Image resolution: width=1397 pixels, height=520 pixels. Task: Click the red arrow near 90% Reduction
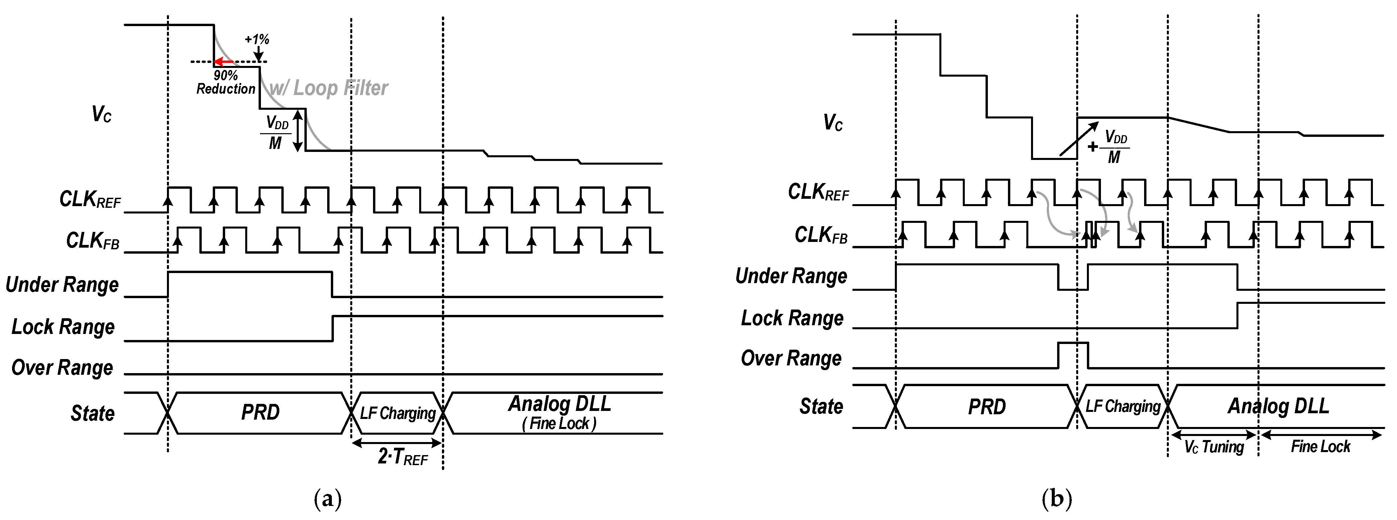pyautogui.click(x=224, y=62)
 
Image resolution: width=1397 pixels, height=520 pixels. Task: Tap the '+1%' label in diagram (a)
pyautogui.click(x=257, y=39)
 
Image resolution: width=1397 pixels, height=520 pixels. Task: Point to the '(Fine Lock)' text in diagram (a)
pyautogui.click(x=559, y=424)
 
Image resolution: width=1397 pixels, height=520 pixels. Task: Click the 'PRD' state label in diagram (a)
pyautogui.click(x=260, y=413)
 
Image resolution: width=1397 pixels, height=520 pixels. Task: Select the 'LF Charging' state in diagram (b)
pyautogui.click(x=1123, y=406)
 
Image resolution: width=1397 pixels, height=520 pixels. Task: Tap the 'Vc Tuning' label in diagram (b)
pyautogui.click(x=1214, y=447)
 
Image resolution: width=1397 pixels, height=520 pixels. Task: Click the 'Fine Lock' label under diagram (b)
pyautogui.click(x=1320, y=447)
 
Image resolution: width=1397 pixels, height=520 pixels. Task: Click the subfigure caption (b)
pyautogui.click(x=1056, y=498)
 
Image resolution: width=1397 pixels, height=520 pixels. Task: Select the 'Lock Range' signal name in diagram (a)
pyautogui.click(x=63, y=327)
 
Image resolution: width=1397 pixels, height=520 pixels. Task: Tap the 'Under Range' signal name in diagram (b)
pyautogui.click(x=791, y=276)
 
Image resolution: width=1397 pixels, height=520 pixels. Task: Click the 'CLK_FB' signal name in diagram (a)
pyautogui.click(x=92, y=241)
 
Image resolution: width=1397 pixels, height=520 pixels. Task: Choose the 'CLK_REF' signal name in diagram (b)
pyautogui.click(x=818, y=192)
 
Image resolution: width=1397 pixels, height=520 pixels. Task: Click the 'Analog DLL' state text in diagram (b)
pyautogui.click(x=1278, y=406)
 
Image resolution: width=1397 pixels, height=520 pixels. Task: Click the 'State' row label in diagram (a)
pyautogui.click(x=92, y=413)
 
